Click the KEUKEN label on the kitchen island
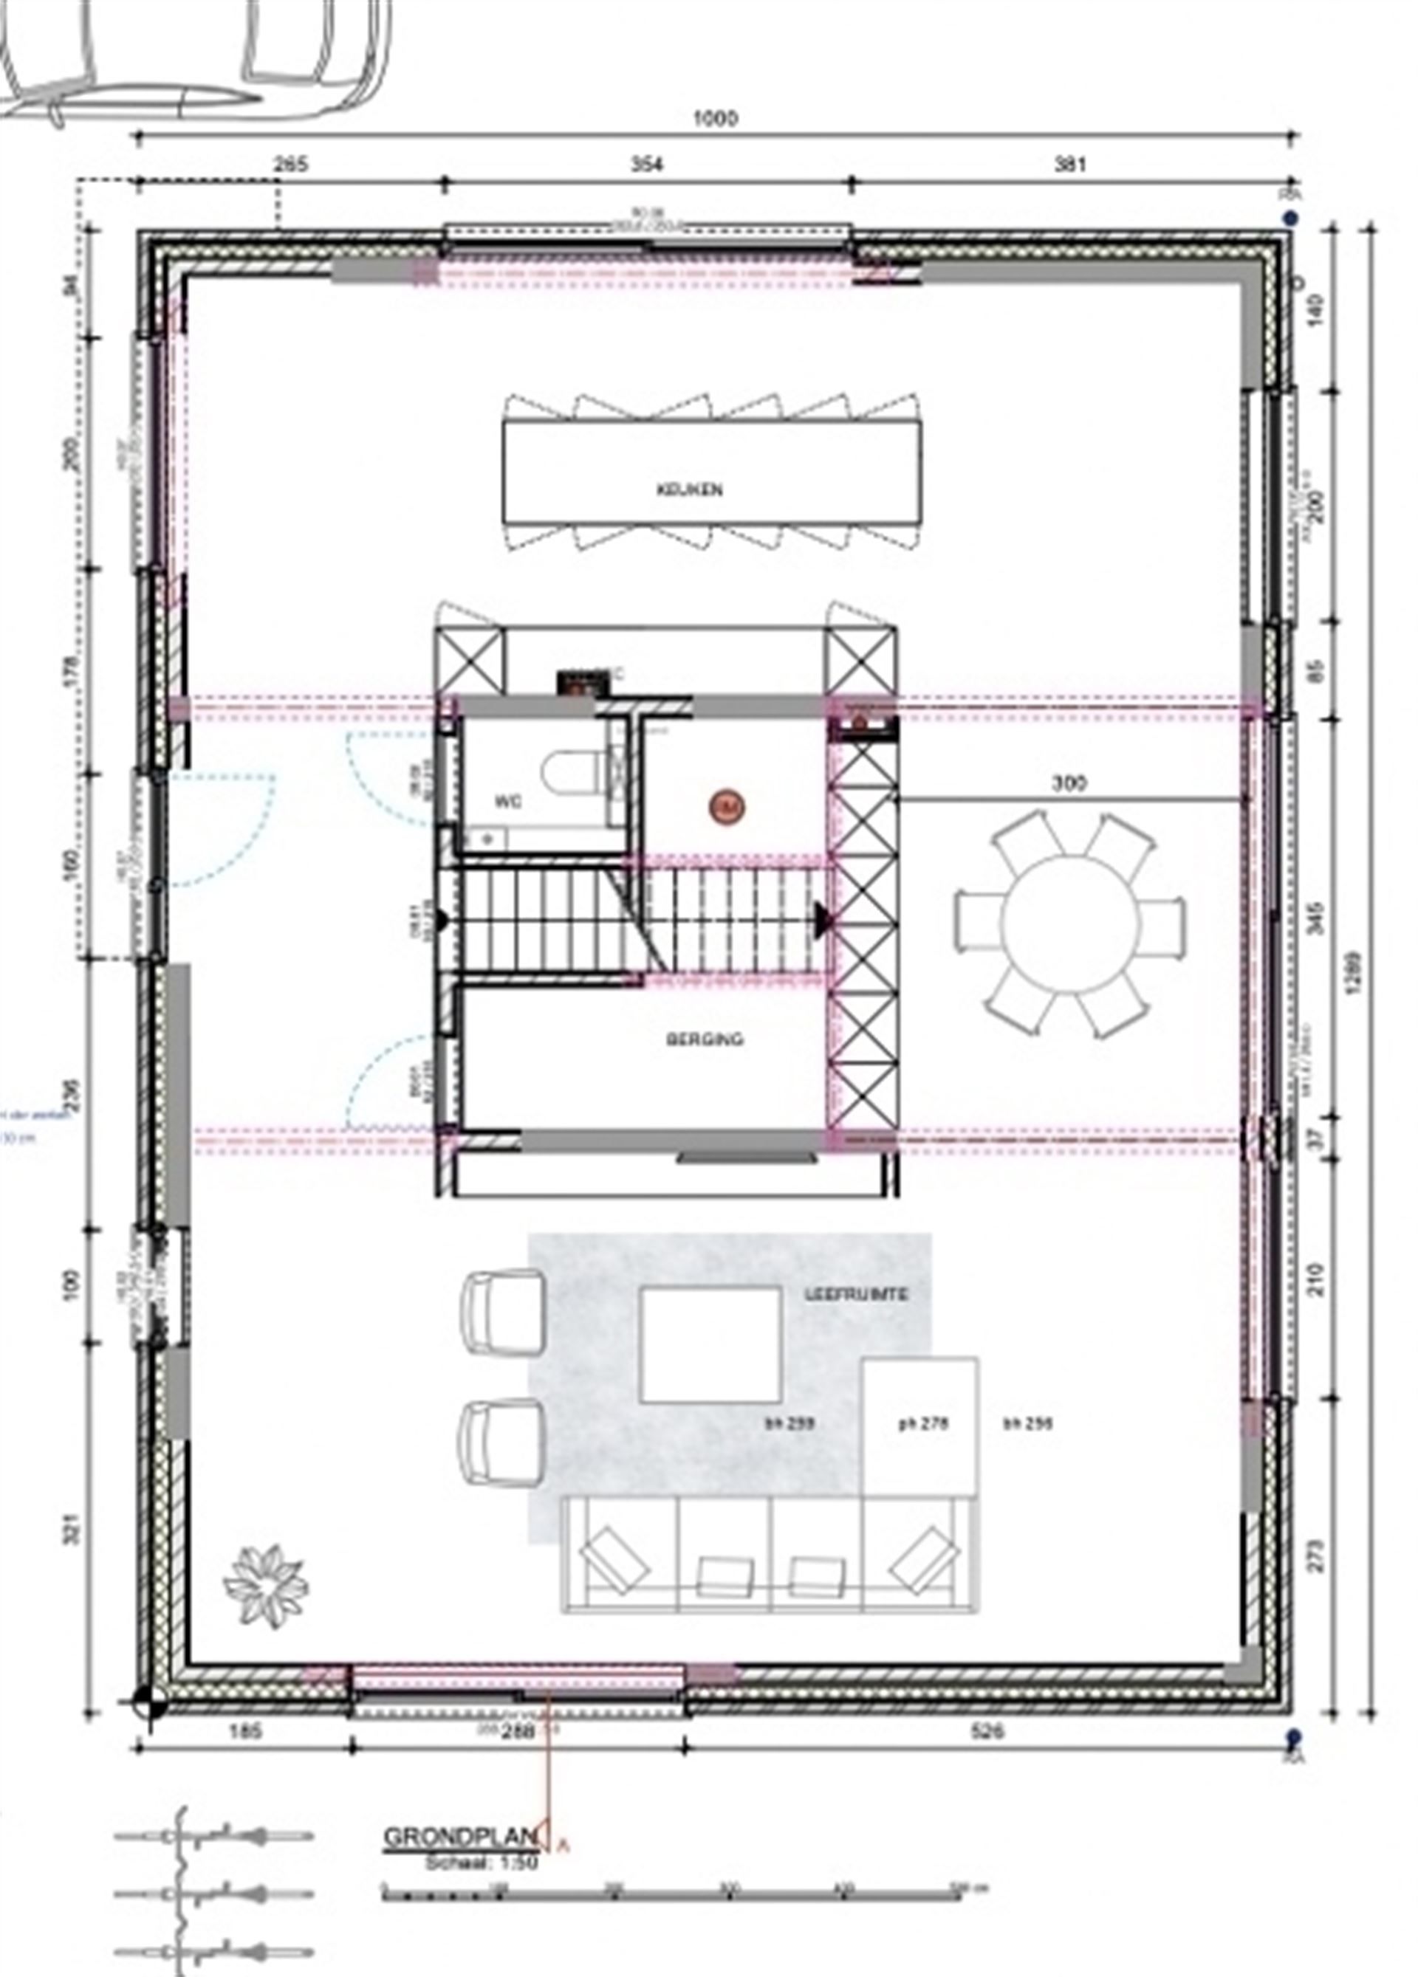tap(689, 490)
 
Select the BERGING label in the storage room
tap(705, 1039)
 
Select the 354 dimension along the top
tap(645, 165)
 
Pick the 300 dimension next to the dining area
tap(1069, 783)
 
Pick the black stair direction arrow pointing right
tap(821, 917)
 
